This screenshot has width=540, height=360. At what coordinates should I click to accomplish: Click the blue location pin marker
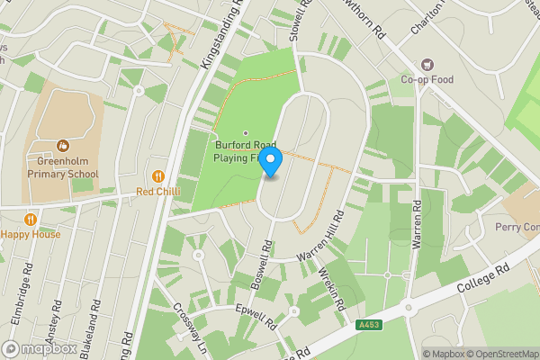(271, 163)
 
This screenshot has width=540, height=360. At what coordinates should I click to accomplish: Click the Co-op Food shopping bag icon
(426, 65)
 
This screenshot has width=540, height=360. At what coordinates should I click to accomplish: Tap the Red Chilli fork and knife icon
(158, 176)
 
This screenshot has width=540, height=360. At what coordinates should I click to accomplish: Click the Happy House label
(31, 234)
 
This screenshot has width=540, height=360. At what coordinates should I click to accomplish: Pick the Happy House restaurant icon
(31, 219)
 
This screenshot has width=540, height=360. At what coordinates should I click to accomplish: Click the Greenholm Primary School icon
(63, 145)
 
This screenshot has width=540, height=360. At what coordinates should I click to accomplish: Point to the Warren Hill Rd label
(323, 238)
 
